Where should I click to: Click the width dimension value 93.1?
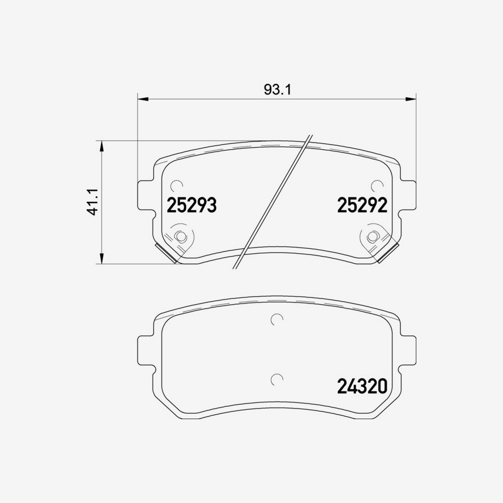click(x=278, y=89)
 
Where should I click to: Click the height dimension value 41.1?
click(x=93, y=202)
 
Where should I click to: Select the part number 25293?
click(x=192, y=206)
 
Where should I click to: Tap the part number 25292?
click(x=362, y=206)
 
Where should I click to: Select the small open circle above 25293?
click(x=177, y=186)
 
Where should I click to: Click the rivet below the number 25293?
click(x=181, y=236)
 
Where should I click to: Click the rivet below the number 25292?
click(x=373, y=236)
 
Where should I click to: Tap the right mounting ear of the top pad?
click(x=409, y=196)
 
